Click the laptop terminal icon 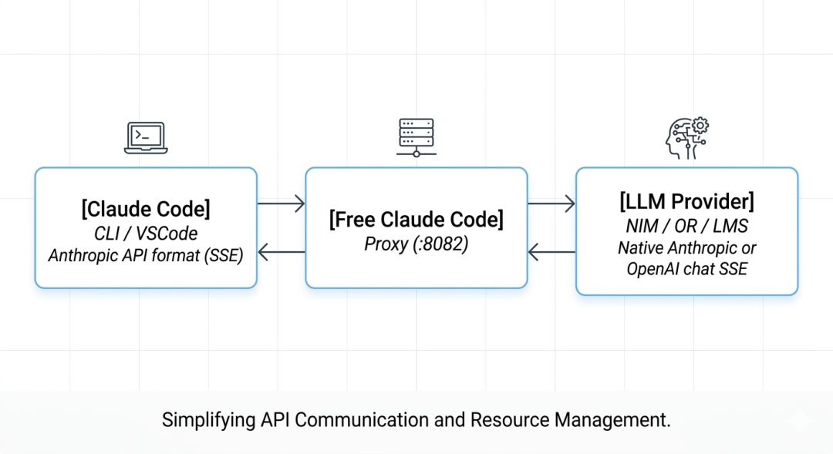(146, 138)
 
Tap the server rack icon (416, 137)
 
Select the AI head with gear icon (687, 138)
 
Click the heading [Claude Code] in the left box (146, 209)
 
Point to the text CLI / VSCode (146, 234)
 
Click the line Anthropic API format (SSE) (146, 255)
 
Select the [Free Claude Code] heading (416, 220)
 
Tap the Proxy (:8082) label (416, 244)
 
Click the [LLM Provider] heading (687, 202)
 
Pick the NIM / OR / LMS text (687, 226)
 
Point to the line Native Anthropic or (687, 248)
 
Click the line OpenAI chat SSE (687, 269)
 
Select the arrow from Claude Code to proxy (281, 203)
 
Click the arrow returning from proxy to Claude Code (281, 252)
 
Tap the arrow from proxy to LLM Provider (551, 203)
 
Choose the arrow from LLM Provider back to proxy (551, 252)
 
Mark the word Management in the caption (612, 419)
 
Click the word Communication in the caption (362, 419)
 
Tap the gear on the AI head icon (700, 126)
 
